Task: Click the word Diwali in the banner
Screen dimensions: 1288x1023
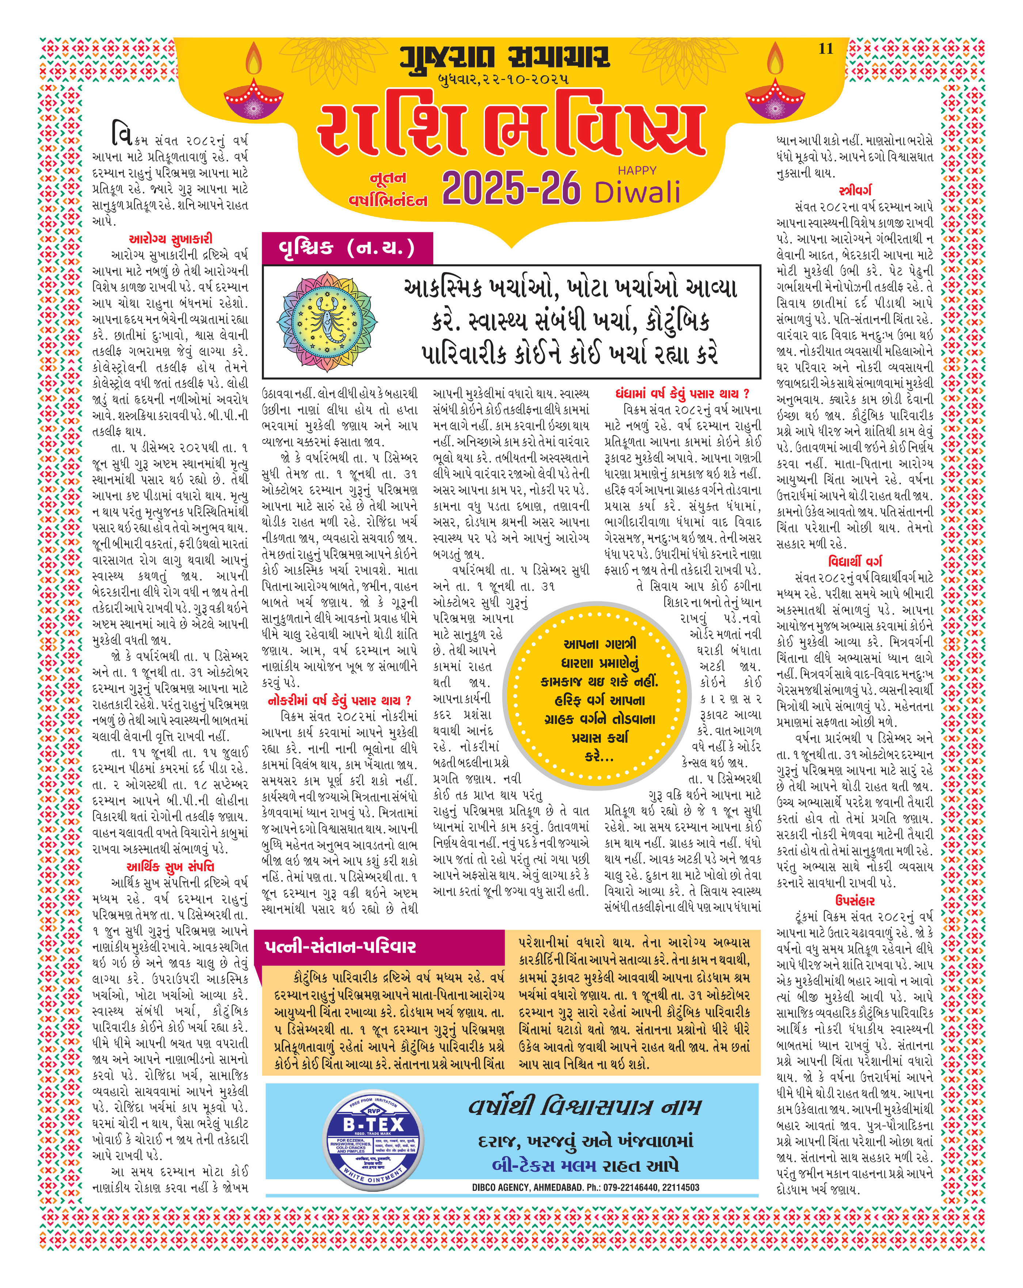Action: pyautogui.click(x=637, y=192)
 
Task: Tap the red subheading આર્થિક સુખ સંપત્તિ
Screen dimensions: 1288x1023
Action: pyautogui.click(x=170, y=867)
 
